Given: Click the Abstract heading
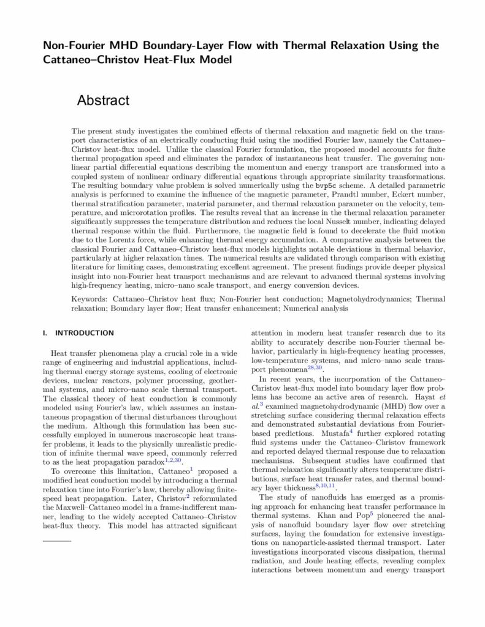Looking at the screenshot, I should pyautogui.click(x=103, y=100).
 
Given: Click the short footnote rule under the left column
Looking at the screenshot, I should pyautogui.click(x=57, y=541).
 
